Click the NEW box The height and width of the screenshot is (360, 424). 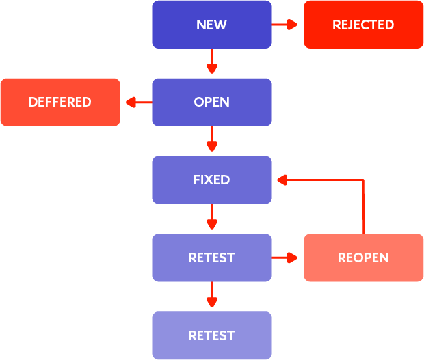pos(211,25)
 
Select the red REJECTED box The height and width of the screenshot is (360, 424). pos(363,25)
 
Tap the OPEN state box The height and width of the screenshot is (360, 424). pos(211,102)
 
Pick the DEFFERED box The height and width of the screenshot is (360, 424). pos(59,102)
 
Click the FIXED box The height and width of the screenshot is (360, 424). pos(211,180)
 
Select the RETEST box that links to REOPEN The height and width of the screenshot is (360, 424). pos(211,258)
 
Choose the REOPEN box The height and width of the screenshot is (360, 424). pos(363,258)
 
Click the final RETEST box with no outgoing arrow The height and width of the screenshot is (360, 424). pos(211,335)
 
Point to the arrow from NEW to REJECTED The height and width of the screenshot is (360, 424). pos(286,25)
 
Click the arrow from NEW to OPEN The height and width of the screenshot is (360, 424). pos(211,61)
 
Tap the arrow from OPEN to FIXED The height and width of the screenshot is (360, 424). pos(211,139)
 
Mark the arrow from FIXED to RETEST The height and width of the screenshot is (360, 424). pos(211,217)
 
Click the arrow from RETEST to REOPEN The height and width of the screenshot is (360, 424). pos(286,258)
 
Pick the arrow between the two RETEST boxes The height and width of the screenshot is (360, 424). pos(211,295)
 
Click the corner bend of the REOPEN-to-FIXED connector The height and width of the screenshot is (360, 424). pos(363,180)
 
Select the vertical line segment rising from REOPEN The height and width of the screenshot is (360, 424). pos(363,208)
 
